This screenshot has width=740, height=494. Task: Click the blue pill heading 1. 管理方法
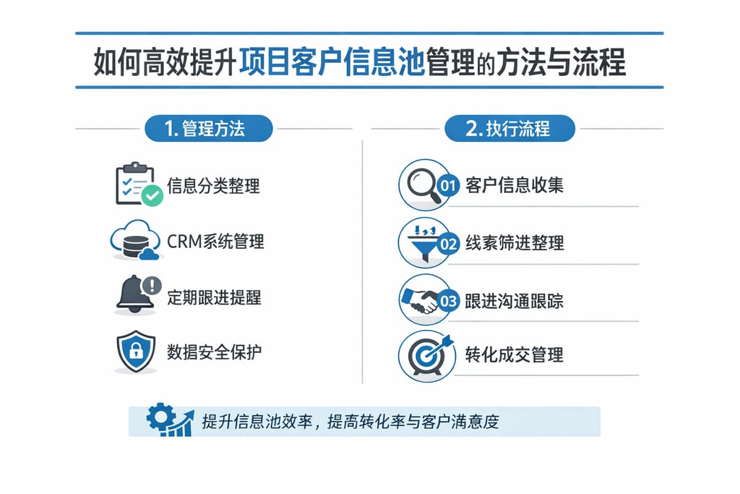pyautogui.click(x=208, y=129)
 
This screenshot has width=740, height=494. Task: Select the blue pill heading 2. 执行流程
pyautogui.click(x=509, y=129)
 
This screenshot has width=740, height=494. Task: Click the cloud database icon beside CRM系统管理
pyautogui.click(x=134, y=242)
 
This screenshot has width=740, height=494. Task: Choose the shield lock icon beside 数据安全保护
pyautogui.click(x=136, y=352)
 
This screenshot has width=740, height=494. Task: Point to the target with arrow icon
pyautogui.click(x=426, y=354)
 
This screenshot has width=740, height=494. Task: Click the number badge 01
pyautogui.click(x=449, y=185)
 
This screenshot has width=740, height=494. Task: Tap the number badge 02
pyautogui.click(x=449, y=243)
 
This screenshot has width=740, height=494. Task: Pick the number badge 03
pyautogui.click(x=449, y=300)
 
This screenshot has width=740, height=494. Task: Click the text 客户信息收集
pyautogui.click(x=514, y=185)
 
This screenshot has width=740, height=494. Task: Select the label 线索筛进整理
pyautogui.click(x=514, y=243)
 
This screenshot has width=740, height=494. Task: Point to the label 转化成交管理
pyautogui.click(x=514, y=354)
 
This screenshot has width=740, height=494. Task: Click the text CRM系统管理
pyautogui.click(x=215, y=241)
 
